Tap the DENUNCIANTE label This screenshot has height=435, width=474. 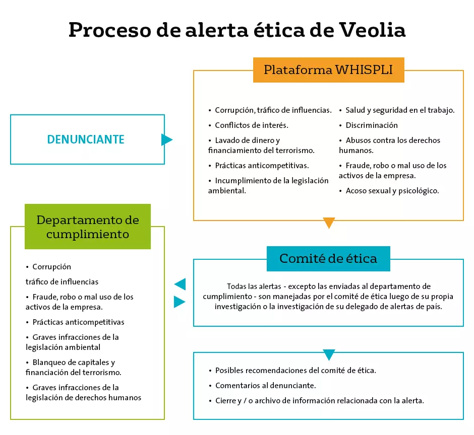tap(86, 139)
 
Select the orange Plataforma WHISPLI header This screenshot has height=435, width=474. tap(329, 70)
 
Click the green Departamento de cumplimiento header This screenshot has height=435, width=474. tap(88, 227)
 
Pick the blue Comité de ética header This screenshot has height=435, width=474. tap(328, 259)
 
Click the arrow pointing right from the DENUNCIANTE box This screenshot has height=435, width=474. tap(166, 139)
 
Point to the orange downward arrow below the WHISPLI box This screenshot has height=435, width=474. tap(329, 223)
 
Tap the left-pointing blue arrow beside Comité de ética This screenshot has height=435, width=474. tap(180, 284)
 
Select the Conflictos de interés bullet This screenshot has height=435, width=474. tap(248, 125)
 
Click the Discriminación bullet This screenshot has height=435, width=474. tap(368, 125)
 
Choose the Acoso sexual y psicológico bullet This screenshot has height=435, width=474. tap(389, 191)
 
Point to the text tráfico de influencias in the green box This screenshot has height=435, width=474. tap(62, 282)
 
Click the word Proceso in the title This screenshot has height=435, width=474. tap(110, 30)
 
